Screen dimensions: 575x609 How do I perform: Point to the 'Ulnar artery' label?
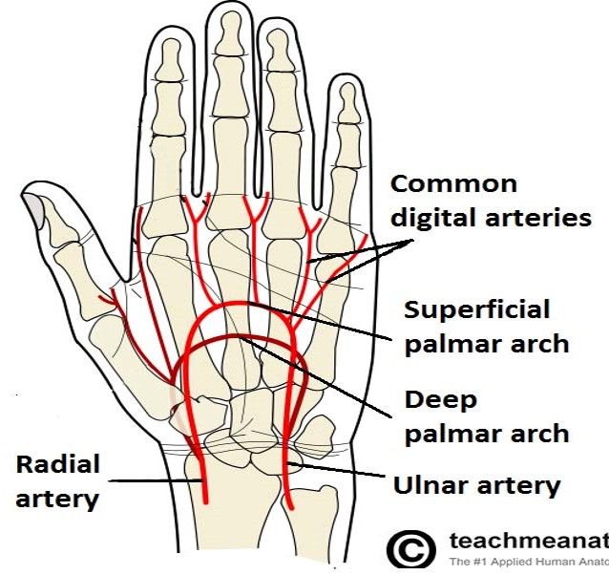[x=476, y=485]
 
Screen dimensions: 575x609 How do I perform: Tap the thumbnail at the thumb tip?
[x=35, y=203]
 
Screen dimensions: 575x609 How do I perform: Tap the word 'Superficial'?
[x=476, y=309]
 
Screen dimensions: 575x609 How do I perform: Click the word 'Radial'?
[x=58, y=465]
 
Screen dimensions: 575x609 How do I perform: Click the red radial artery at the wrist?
[x=201, y=473]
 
